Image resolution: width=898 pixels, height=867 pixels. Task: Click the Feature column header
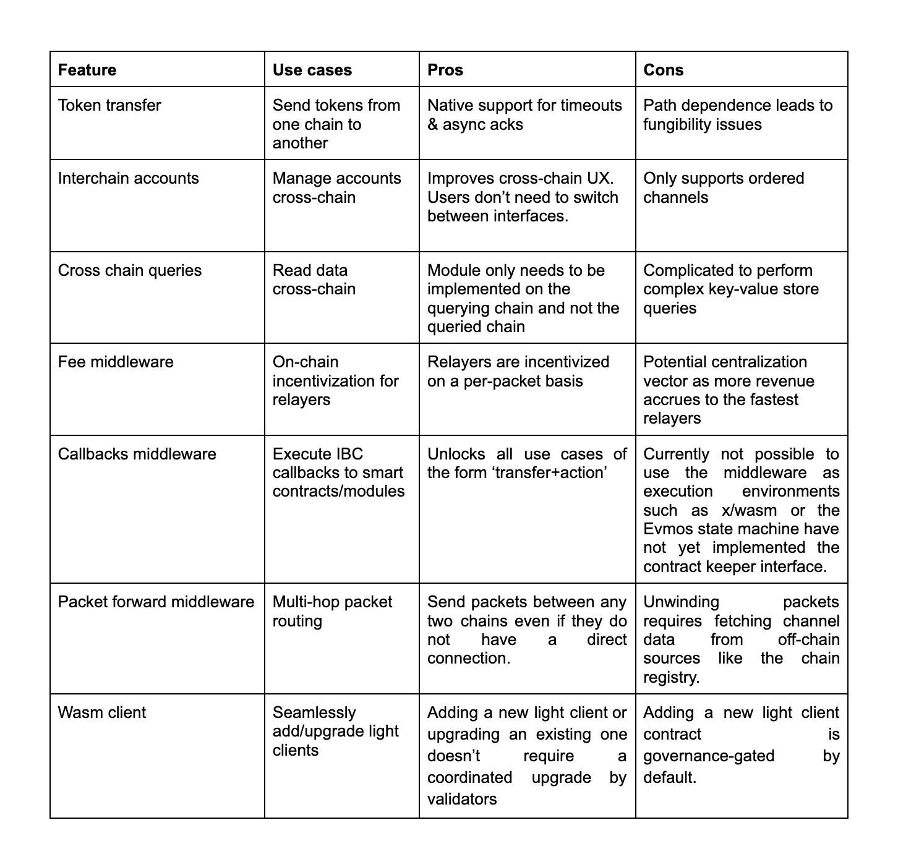[87, 70]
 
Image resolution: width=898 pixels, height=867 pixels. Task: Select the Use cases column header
[312, 70]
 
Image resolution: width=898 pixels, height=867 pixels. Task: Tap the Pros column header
[445, 70]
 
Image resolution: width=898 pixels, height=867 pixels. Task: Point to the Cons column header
[663, 70]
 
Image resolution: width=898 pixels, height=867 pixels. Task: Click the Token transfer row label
[109, 105]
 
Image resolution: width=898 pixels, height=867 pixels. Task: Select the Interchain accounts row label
[129, 178]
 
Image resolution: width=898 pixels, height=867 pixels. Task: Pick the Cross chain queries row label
[130, 270]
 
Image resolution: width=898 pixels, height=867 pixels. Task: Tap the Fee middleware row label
[116, 362]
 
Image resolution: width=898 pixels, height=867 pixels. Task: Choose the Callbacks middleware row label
[137, 454]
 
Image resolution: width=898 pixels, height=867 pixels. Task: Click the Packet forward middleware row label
[156, 602]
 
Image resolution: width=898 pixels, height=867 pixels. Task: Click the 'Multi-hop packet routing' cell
[332, 611]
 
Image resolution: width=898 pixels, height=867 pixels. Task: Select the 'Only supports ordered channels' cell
[724, 187]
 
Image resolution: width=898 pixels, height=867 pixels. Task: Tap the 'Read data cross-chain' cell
[314, 280]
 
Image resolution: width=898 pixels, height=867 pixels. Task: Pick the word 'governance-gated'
[709, 756]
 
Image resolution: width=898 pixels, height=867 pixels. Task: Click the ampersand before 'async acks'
[433, 124]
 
